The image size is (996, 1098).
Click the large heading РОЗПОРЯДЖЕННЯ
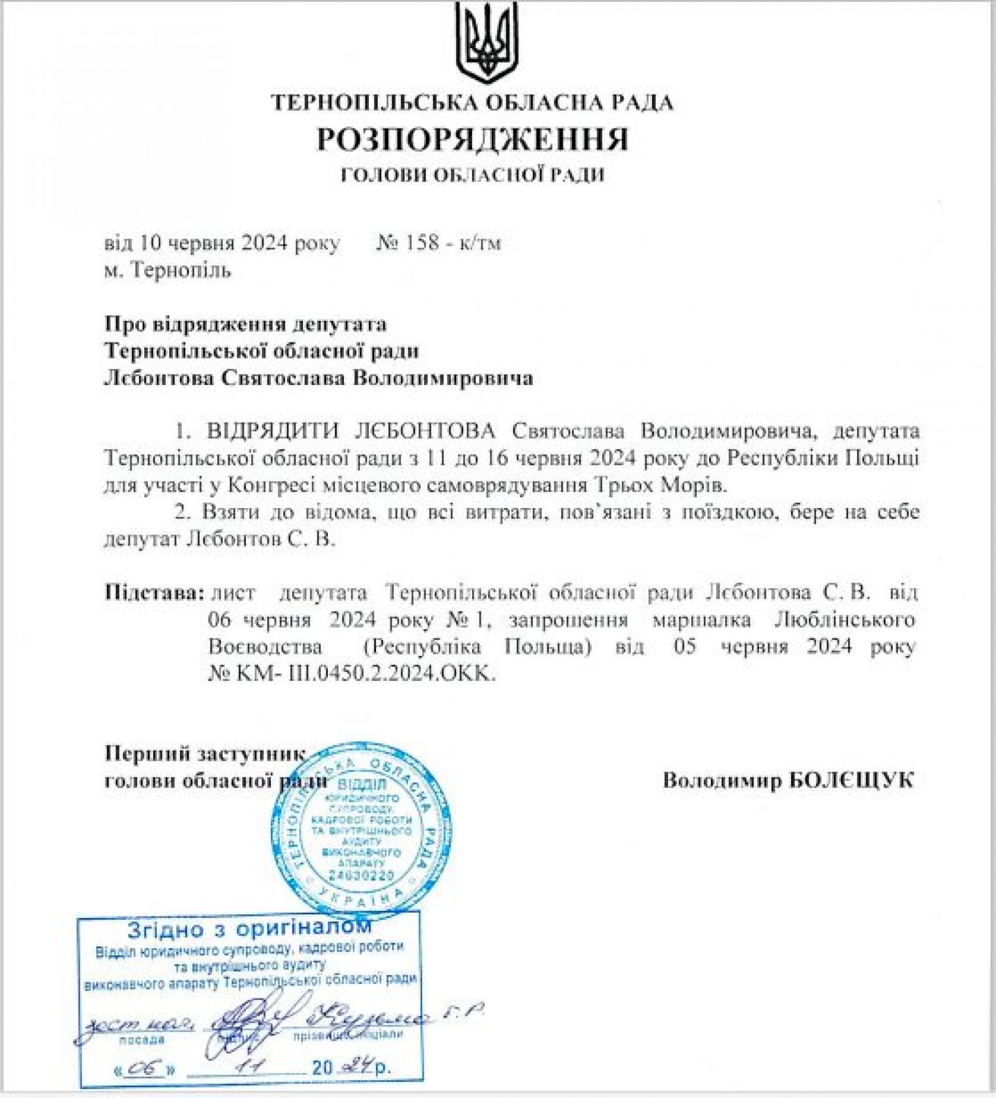pyautogui.click(x=473, y=140)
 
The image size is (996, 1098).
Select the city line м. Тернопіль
pyautogui.click(x=167, y=270)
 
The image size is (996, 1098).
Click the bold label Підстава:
pyautogui.click(x=155, y=592)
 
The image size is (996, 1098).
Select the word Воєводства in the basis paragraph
pyautogui.click(x=265, y=647)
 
